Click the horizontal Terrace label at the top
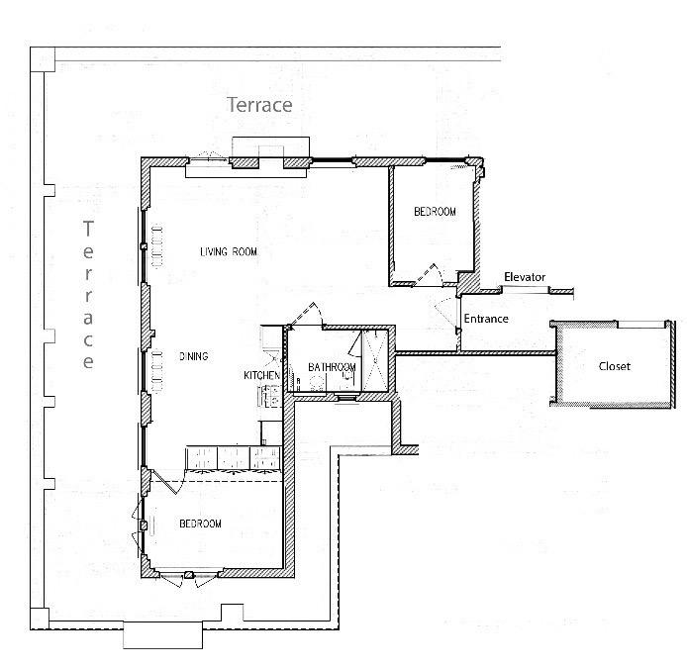[x=259, y=104]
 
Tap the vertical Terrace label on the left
[x=88, y=295]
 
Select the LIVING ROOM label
[x=229, y=252]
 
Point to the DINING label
[x=194, y=356]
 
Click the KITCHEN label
[x=261, y=376]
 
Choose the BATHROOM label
[x=332, y=367]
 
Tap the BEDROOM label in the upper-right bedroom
[x=435, y=212]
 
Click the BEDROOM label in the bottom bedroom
[x=199, y=524]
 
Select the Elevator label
[x=524, y=277]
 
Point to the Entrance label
[x=486, y=319]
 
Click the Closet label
[x=614, y=366]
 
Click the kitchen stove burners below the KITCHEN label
[x=267, y=397]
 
